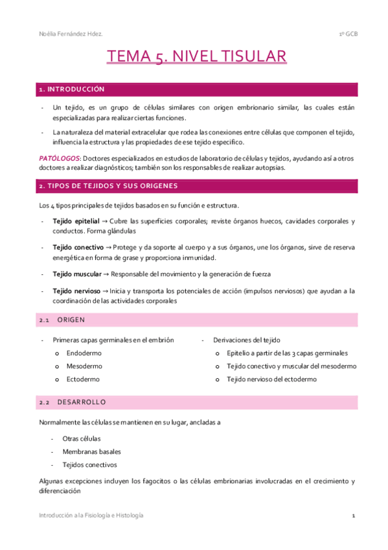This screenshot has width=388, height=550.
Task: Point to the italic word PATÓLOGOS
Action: (58, 158)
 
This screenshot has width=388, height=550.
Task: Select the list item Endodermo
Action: (84, 353)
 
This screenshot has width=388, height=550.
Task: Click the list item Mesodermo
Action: (84, 366)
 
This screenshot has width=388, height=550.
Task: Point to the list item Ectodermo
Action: (82, 379)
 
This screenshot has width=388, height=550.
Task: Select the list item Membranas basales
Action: (91, 451)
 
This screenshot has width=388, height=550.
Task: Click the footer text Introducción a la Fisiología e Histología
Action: (91, 515)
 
